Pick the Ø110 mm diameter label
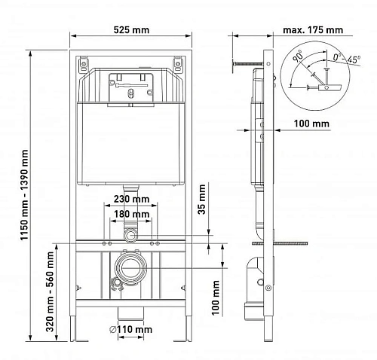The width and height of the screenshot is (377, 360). pos(130,329)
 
